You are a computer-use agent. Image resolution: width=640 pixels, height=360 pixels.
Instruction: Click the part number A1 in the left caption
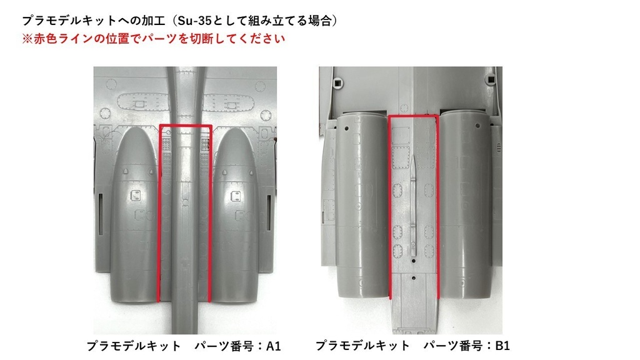274,346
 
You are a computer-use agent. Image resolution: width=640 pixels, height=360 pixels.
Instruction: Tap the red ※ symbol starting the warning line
27,38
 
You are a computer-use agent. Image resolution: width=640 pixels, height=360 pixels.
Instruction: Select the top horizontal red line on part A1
186,126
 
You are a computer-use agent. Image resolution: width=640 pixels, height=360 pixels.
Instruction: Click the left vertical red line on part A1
160,212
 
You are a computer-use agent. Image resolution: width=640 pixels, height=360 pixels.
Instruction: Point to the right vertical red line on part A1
211,212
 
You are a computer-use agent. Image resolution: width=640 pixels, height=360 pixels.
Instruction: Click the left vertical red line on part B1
390,206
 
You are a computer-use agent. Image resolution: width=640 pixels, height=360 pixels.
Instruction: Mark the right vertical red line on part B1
437,206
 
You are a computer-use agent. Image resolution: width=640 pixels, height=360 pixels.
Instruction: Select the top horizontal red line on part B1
413,116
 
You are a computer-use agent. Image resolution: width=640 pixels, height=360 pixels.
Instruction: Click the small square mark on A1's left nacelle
134,196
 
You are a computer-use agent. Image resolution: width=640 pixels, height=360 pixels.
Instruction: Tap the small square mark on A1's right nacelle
237,197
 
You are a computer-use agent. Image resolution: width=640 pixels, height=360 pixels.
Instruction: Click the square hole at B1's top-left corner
339,82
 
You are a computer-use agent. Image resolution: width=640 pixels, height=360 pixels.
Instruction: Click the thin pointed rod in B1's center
413,206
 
